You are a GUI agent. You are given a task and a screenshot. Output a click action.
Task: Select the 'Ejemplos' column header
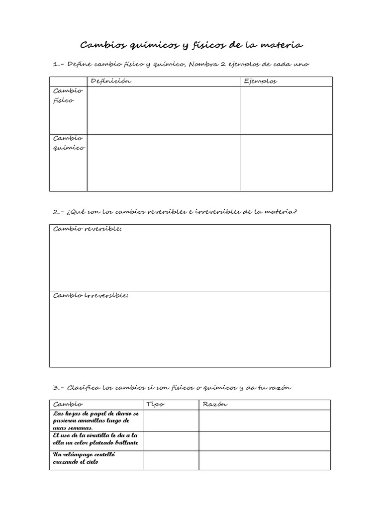click(261, 82)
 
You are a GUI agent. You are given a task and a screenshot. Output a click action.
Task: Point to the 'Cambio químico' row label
click(68, 143)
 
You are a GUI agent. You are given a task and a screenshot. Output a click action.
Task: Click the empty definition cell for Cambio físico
click(164, 110)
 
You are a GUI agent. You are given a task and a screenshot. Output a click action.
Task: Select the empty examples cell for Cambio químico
click(286, 163)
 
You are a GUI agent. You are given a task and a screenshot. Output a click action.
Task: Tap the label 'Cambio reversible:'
click(88, 229)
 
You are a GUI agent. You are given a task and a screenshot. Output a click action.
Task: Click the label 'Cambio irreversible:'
click(91, 295)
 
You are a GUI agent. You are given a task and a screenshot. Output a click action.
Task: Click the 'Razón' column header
click(215, 405)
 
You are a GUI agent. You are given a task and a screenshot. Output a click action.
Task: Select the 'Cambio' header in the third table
click(68, 405)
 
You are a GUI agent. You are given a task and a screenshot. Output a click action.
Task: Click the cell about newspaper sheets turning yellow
click(96, 421)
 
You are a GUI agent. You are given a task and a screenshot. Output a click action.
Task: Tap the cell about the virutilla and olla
click(96, 439)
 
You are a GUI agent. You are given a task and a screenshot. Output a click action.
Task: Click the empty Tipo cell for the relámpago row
click(171, 460)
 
